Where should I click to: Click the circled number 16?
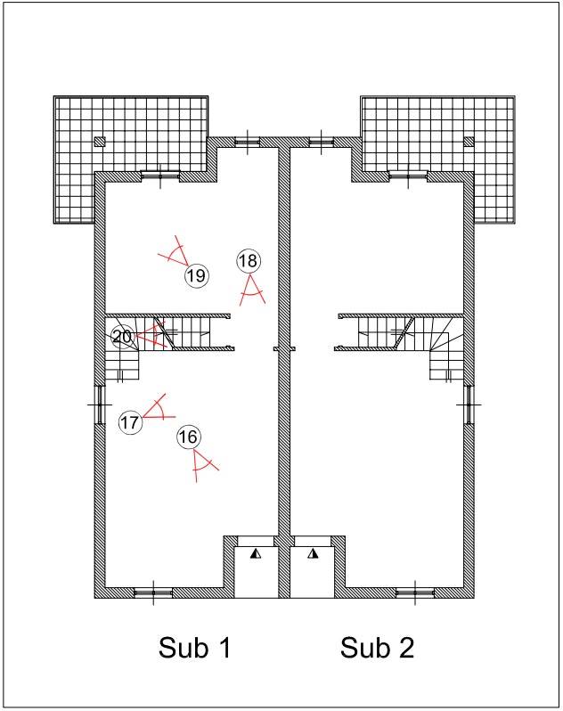pos(189,437)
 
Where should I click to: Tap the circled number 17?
pos(130,422)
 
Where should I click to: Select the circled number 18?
pos(249,261)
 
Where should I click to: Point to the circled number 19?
pos(197,275)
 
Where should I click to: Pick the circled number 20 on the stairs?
pos(123,337)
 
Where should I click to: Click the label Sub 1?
pos(195,647)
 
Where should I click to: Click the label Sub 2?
pos(377,647)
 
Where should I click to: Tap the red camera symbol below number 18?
pos(252,290)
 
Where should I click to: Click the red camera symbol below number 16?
pos(202,464)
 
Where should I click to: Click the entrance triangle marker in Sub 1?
pos(256,553)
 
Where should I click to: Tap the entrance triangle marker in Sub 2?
pos(313,553)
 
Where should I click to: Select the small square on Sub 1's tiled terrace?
pos(100,142)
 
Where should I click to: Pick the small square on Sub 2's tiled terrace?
pos(469,142)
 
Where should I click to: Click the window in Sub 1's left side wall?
pos(100,405)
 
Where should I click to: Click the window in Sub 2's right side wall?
pos(469,405)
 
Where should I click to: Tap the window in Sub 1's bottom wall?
pos(153,592)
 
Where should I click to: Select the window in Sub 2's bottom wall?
pos(415,592)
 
